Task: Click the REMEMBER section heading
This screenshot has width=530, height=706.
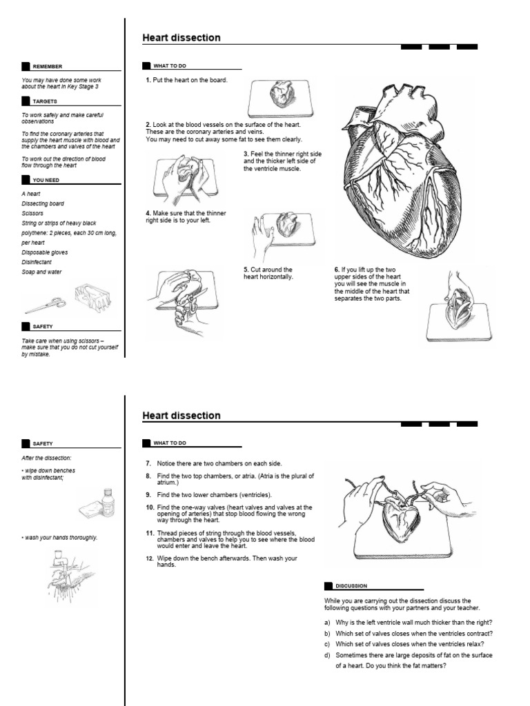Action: pos(47,66)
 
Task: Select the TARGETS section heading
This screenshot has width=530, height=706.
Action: pos(44,101)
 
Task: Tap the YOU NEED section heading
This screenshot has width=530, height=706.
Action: pos(46,180)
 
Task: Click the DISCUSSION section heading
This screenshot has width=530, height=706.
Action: pos(351,585)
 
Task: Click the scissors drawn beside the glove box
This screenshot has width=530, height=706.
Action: pos(46,303)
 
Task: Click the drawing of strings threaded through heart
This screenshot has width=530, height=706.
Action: pos(397,517)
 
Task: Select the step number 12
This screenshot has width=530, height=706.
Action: pos(149,558)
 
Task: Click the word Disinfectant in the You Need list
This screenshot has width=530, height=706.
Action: pos(41,262)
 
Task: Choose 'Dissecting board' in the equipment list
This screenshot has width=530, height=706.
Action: pos(43,204)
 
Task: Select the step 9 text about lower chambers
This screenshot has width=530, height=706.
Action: pos(214,495)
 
